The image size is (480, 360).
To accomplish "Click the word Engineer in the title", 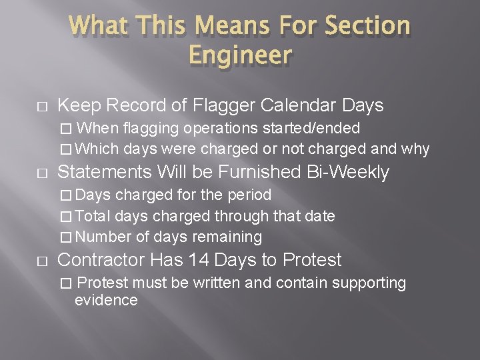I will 240,54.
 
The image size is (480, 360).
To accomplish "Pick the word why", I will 415,149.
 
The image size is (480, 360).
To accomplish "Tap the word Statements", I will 106,172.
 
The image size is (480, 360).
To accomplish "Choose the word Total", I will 93,216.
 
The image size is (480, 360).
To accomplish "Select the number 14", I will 199,260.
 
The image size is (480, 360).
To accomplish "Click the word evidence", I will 106,300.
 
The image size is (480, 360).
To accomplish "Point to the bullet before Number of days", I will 64,237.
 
